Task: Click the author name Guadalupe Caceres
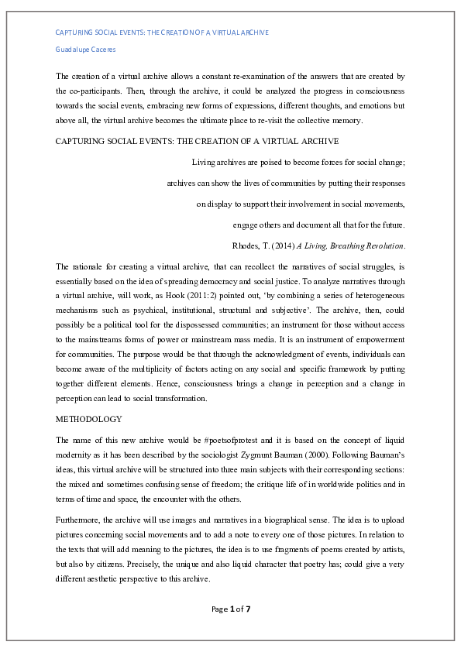84,50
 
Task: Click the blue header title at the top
162,33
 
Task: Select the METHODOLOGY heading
89,419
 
